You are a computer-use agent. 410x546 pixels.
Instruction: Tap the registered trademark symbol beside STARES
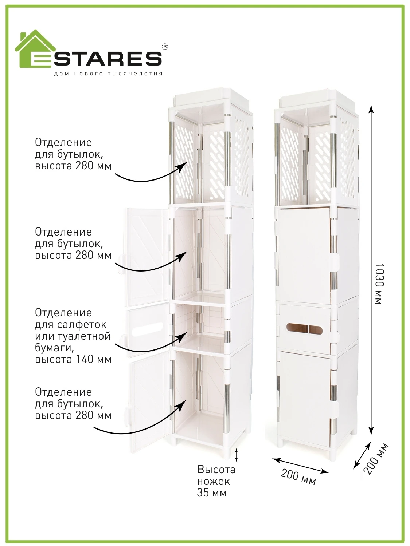(x=165, y=47)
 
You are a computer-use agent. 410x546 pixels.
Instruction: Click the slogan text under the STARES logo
(x=108, y=74)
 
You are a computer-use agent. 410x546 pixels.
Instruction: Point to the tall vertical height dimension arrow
(x=371, y=269)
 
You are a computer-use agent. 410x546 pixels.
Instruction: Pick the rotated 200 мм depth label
(x=376, y=459)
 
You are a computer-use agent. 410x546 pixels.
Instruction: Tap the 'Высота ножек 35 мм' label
(x=216, y=481)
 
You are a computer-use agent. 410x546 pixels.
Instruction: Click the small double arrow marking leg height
(x=236, y=455)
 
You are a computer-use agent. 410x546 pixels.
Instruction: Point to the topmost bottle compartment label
(x=73, y=154)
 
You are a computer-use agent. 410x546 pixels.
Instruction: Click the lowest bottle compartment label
(x=73, y=403)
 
